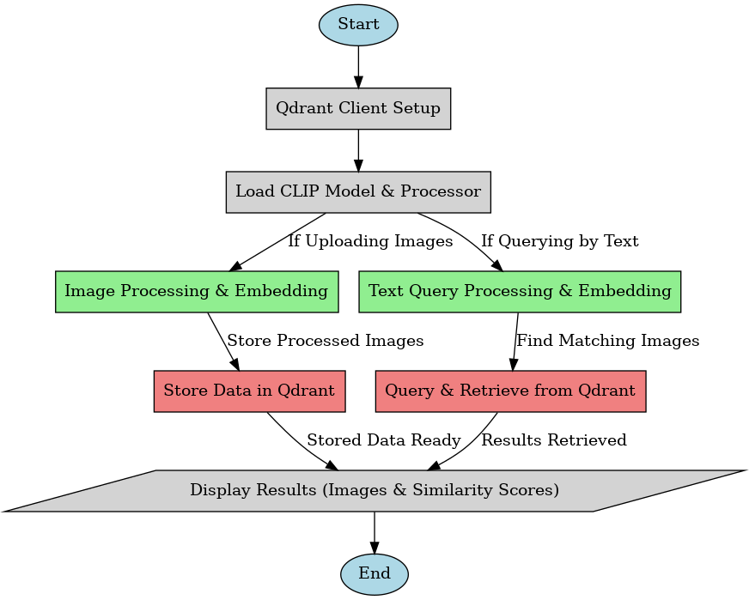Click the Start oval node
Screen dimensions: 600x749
tap(358, 25)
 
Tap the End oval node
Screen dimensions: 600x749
tap(374, 573)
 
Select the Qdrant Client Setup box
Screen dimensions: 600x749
tap(358, 108)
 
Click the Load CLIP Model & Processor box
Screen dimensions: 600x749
tap(358, 191)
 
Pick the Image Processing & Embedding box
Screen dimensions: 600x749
tap(196, 291)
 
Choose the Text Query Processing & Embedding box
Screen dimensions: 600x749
tap(520, 291)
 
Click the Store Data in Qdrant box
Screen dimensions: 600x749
tap(249, 391)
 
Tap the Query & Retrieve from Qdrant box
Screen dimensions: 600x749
tap(510, 391)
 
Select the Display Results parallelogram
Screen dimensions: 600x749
tap(374, 491)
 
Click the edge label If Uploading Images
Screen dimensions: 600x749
tap(370, 242)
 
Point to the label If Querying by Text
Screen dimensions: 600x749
tap(559, 242)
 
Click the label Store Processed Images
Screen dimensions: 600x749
tap(325, 341)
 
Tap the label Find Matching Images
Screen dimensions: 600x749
tap(608, 341)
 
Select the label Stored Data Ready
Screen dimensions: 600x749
tap(384, 440)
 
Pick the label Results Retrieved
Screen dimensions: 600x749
tap(554, 440)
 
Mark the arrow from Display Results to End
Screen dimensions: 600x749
tap(374, 532)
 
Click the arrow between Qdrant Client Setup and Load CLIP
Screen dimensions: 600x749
tap(358, 150)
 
